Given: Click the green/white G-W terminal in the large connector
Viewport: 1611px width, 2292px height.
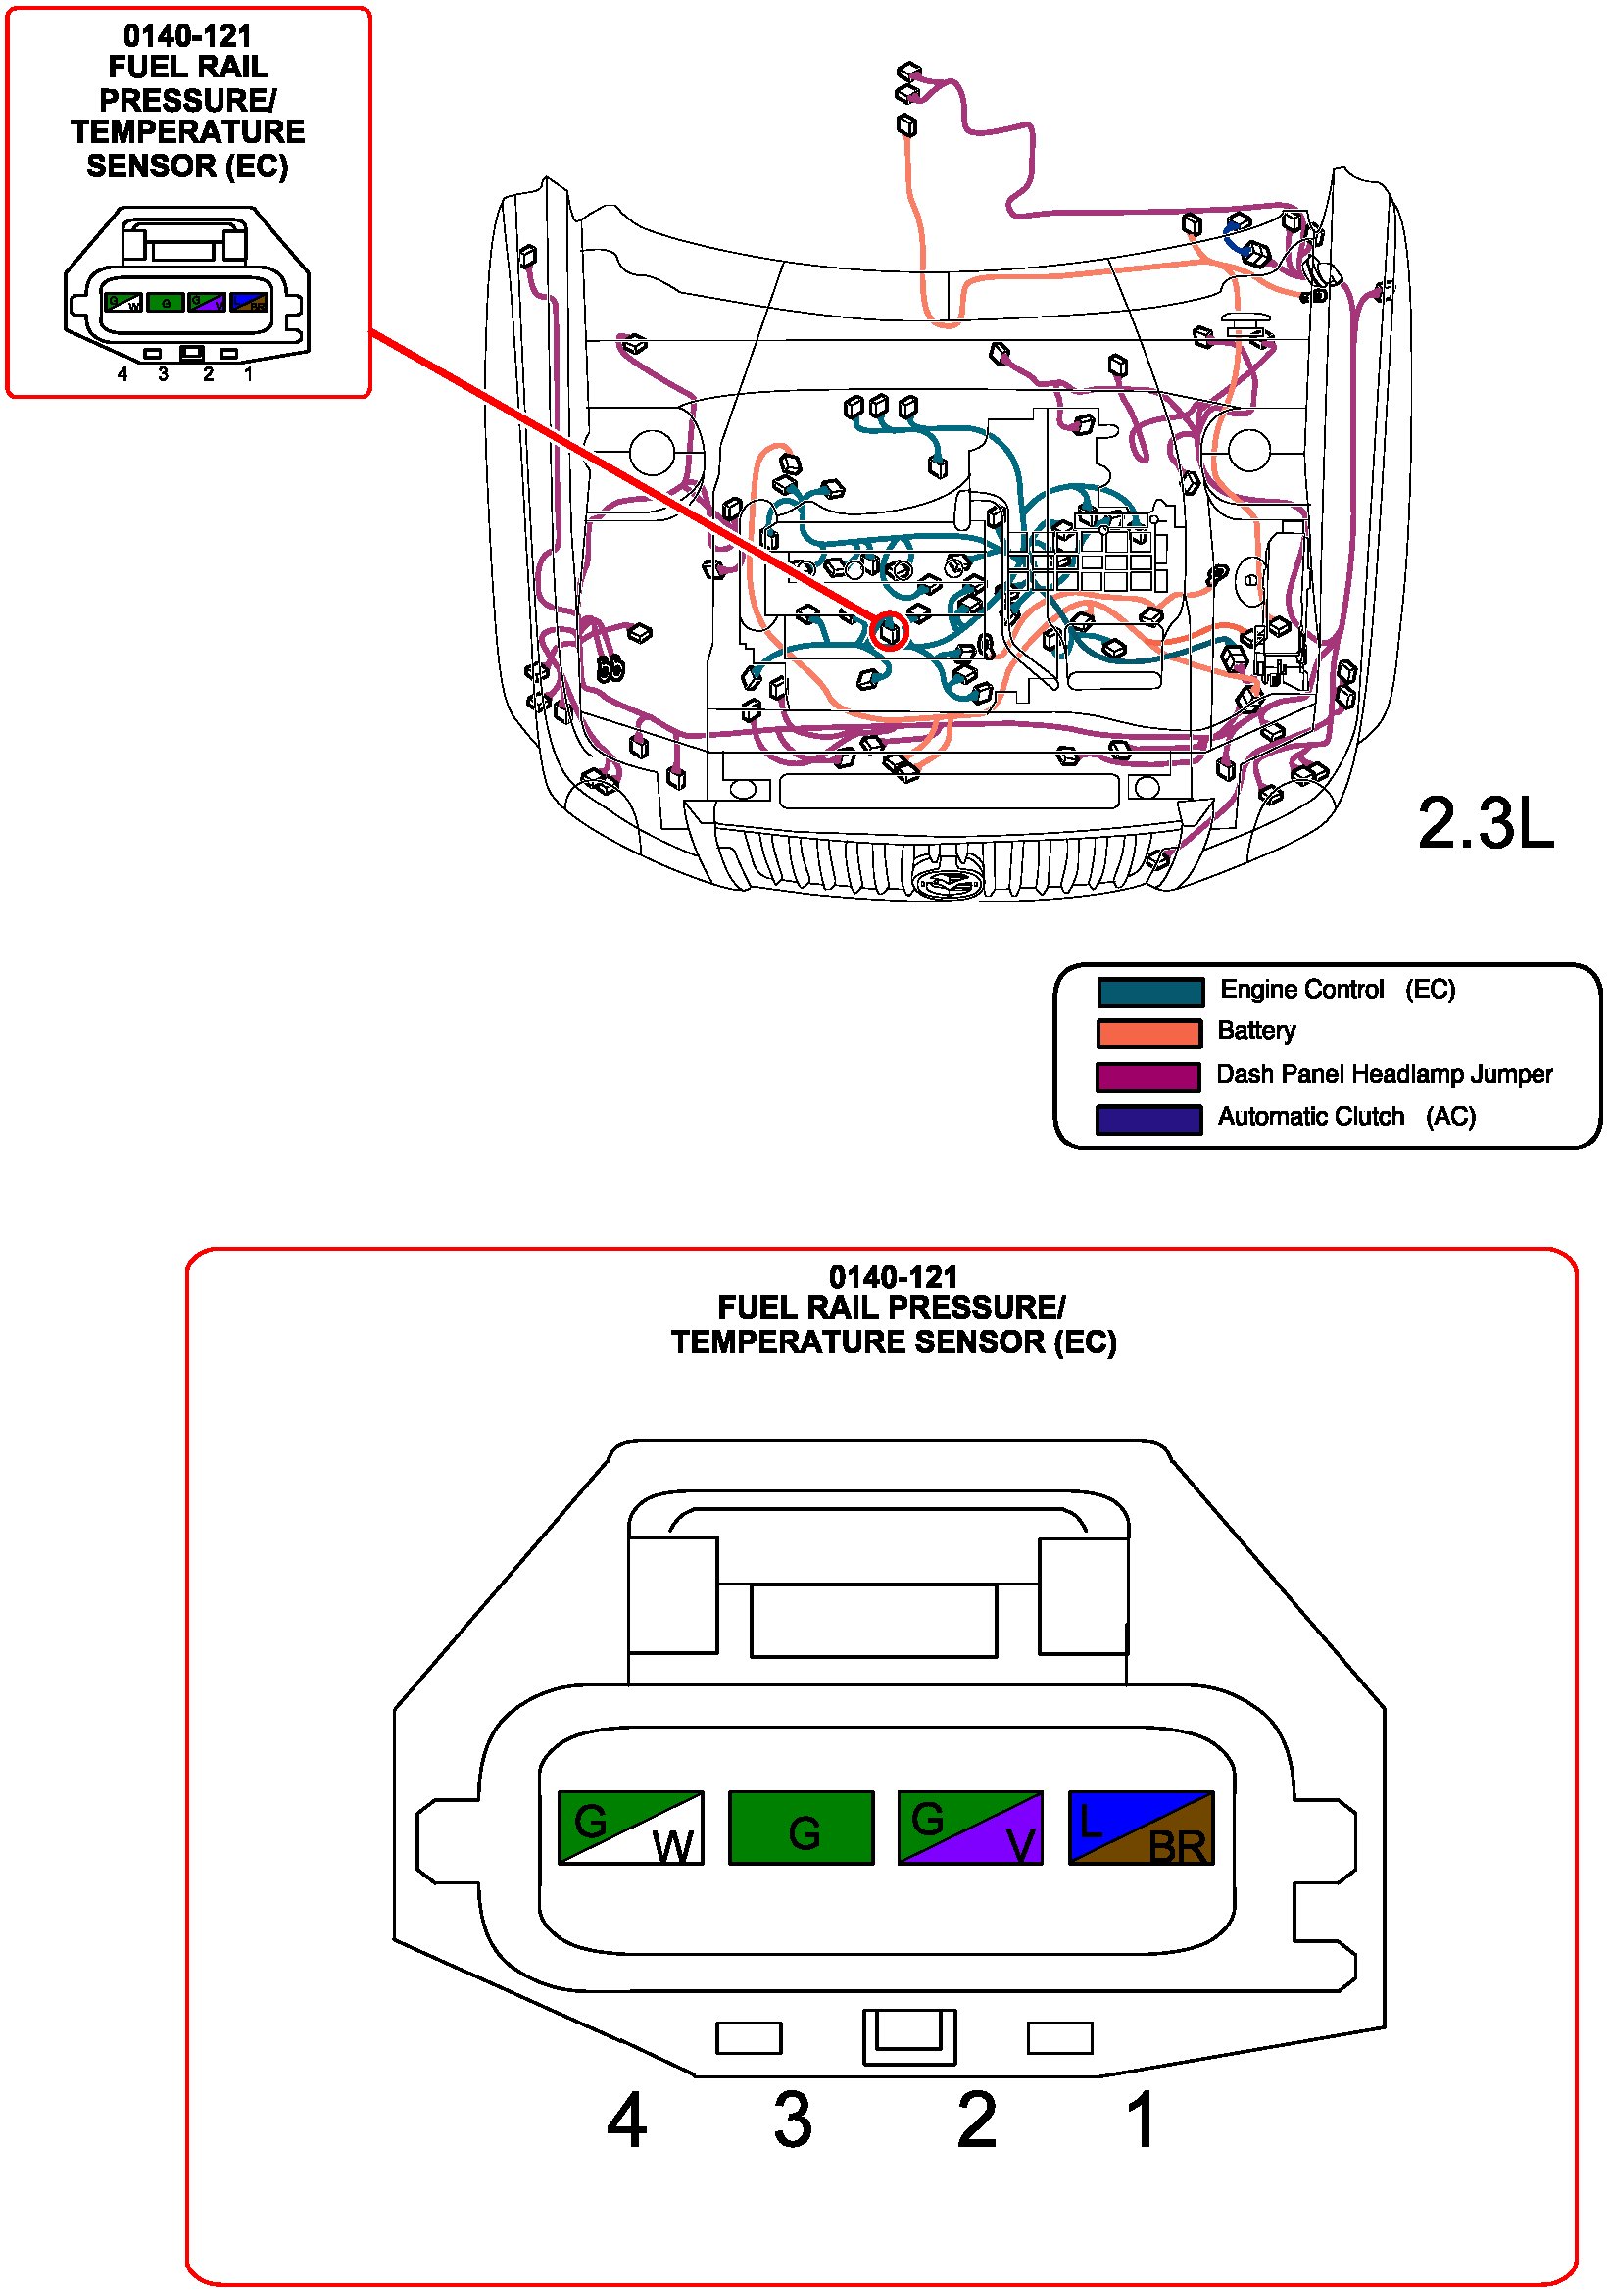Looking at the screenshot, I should pyautogui.click(x=630, y=1827).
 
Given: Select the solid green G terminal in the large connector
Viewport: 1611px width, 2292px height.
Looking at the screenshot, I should pyautogui.click(x=801, y=1827).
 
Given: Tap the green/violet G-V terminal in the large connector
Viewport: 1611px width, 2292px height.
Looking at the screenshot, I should pyautogui.click(x=970, y=1827).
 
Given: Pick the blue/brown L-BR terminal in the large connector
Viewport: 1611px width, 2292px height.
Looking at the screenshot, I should pyautogui.click(x=1141, y=1827).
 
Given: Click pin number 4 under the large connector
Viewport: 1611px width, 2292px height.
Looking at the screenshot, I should pyautogui.click(x=626, y=2120).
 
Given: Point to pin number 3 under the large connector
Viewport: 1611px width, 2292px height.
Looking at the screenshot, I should pyautogui.click(x=793, y=2120).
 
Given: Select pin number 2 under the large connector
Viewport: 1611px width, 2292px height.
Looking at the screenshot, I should pyautogui.click(x=976, y=2120).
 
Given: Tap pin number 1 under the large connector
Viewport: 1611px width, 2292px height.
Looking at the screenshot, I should pyautogui.click(x=1141, y=2120).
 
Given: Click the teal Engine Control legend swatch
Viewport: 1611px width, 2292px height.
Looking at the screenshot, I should pyautogui.click(x=1149, y=993).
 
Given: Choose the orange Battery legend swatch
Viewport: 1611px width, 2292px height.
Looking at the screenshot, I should pyautogui.click(x=1148, y=1033).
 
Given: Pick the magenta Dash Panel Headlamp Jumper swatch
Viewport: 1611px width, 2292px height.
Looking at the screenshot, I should pyautogui.click(x=1147, y=1077).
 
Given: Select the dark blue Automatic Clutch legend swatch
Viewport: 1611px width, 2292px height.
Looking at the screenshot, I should pyautogui.click(x=1147, y=1119).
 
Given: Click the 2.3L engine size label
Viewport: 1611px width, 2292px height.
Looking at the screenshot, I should pyautogui.click(x=1485, y=824).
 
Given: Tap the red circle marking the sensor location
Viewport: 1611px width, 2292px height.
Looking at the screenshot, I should pyautogui.click(x=889, y=631).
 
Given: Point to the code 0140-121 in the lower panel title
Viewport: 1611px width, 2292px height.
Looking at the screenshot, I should pyautogui.click(x=893, y=1277).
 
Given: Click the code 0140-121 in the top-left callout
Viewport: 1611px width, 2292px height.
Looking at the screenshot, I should pyautogui.click(x=186, y=36).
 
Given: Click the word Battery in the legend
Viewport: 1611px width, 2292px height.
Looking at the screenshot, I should pyautogui.click(x=1255, y=1030).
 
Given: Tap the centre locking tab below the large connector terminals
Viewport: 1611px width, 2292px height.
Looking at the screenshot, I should pyautogui.click(x=908, y=2036).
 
